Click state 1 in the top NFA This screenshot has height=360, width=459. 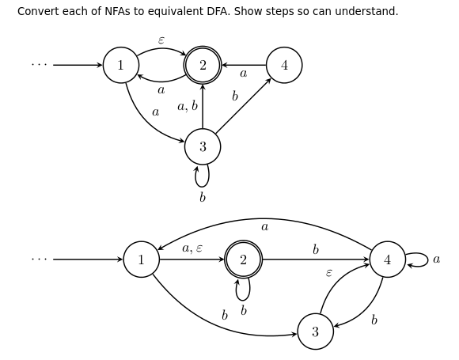click(x=121, y=65)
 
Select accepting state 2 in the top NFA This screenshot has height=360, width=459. click(x=203, y=65)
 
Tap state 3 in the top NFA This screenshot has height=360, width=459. click(x=203, y=146)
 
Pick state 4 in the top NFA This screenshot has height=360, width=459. click(x=284, y=65)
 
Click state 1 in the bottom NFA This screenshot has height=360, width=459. click(x=142, y=260)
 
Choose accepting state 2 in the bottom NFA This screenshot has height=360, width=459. click(x=243, y=260)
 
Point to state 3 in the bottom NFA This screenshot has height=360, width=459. click(x=315, y=332)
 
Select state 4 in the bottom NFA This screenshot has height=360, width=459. click(x=387, y=260)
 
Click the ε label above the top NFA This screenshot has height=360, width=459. click(x=161, y=40)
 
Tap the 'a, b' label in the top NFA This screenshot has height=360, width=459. click(x=188, y=106)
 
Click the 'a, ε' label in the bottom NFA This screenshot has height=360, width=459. click(x=192, y=248)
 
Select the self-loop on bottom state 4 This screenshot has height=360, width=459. click(x=419, y=260)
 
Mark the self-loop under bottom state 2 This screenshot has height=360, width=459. click(x=243, y=290)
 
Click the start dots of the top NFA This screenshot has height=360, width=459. click(x=39, y=65)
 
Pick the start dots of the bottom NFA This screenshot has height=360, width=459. click(x=39, y=260)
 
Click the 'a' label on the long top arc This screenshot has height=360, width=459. click(x=264, y=227)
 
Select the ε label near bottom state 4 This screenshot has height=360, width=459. click(x=329, y=273)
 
